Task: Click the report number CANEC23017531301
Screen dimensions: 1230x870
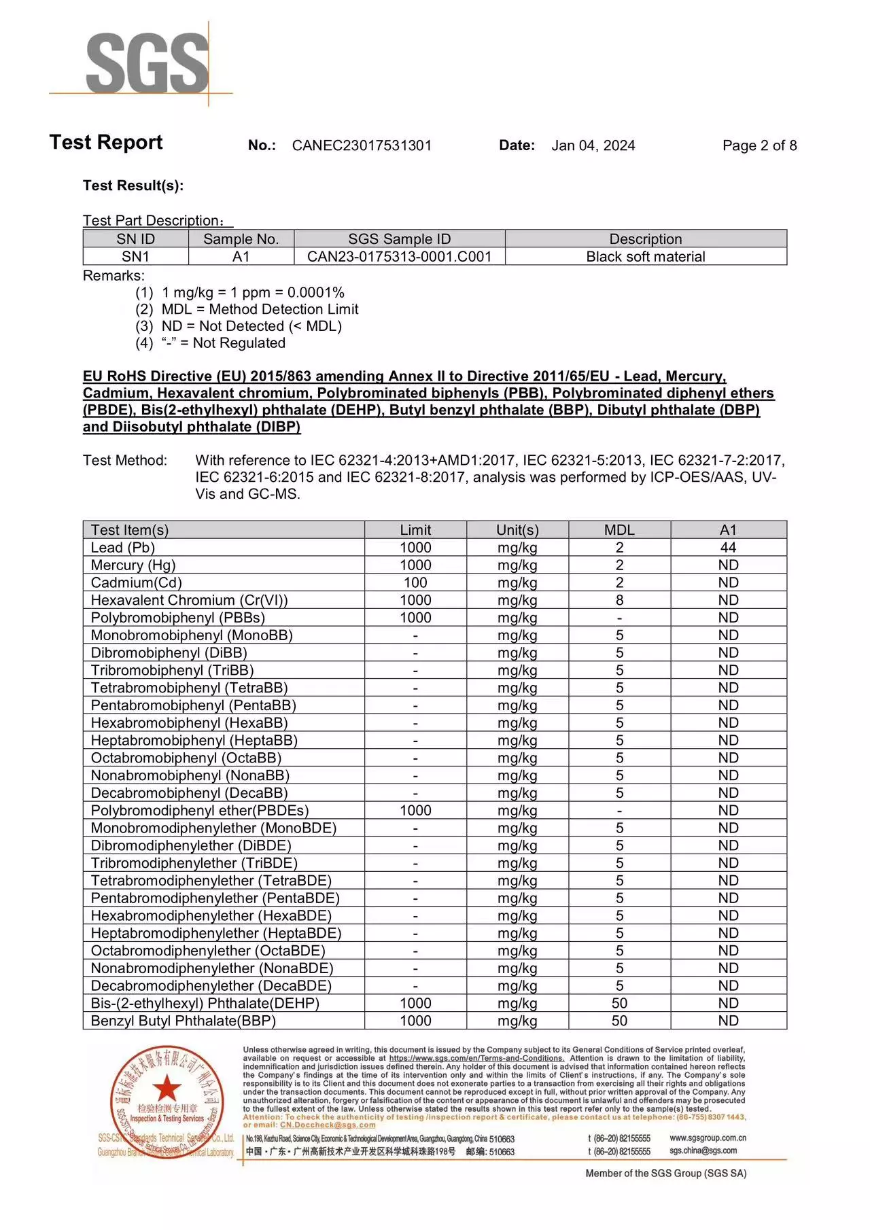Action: (x=362, y=145)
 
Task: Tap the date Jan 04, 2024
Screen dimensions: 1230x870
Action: (x=593, y=145)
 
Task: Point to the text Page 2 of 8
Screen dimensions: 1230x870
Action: (x=759, y=145)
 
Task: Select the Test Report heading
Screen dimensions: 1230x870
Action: (x=106, y=142)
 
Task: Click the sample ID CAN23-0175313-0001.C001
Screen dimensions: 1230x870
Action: (x=399, y=257)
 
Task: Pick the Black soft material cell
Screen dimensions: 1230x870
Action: (x=645, y=257)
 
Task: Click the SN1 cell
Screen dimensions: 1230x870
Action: (x=135, y=257)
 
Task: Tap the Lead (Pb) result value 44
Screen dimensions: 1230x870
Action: (x=728, y=548)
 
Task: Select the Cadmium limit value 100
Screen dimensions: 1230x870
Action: (x=415, y=583)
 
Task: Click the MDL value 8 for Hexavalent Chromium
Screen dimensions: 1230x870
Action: (x=619, y=600)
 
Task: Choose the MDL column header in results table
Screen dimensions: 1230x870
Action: (x=619, y=530)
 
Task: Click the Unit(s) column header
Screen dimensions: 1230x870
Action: (x=517, y=530)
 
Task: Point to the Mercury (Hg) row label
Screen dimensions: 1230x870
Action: (x=133, y=565)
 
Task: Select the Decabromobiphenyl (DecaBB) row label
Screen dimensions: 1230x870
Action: (x=189, y=793)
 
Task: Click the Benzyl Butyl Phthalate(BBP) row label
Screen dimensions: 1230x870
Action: (x=184, y=1021)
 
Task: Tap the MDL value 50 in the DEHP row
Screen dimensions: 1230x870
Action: (x=619, y=1004)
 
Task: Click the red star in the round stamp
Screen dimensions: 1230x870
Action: (x=167, y=1088)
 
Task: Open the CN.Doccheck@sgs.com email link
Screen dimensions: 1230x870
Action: (x=328, y=1125)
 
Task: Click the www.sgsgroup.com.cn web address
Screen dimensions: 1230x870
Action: (x=708, y=1138)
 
